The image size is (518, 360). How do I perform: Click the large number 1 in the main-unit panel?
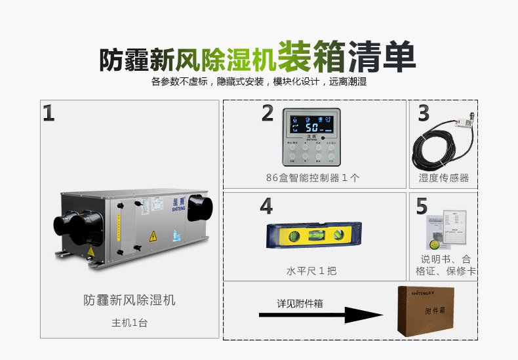(x=49, y=113)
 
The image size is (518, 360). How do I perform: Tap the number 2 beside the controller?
(x=267, y=113)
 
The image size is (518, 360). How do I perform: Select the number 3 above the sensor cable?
(x=424, y=113)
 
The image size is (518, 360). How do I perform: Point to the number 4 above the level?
(x=266, y=206)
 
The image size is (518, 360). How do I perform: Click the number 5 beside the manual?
(x=422, y=206)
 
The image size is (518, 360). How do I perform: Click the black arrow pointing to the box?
(x=321, y=315)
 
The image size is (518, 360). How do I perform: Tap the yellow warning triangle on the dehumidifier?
(x=153, y=235)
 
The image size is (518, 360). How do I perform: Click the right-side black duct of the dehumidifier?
(x=200, y=209)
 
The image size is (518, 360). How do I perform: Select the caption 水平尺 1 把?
(x=311, y=271)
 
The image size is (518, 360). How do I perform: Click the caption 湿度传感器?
(x=444, y=178)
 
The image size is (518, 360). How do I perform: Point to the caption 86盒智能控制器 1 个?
(x=313, y=178)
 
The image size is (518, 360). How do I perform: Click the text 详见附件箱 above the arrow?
(x=300, y=303)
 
